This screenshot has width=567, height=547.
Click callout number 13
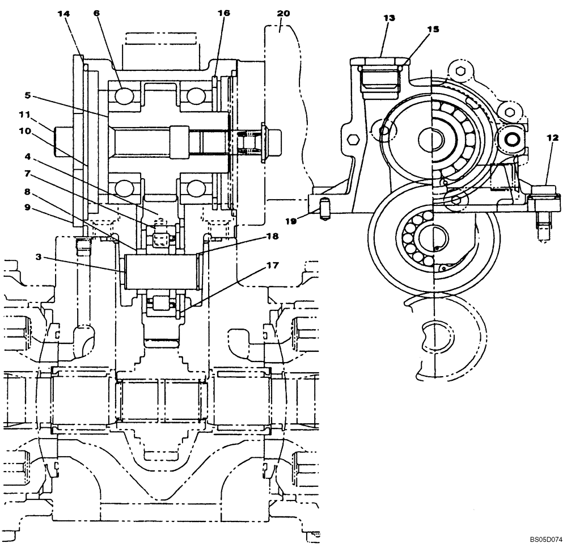(x=388, y=18)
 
